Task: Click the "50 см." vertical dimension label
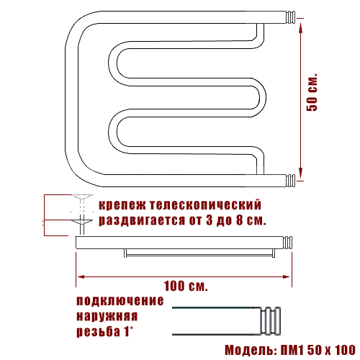pyautogui.click(x=312, y=92)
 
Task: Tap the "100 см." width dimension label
pyautogui.click(x=186, y=286)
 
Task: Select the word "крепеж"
pyautogui.click(x=122, y=205)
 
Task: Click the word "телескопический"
pyautogui.click(x=205, y=205)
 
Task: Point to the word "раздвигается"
pyautogui.click(x=142, y=220)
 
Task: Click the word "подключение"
pyautogui.click(x=120, y=301)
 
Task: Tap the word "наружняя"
pyautogui.click(x=107, y=316)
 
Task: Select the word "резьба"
pyautogui.click(x=98, y=332)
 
